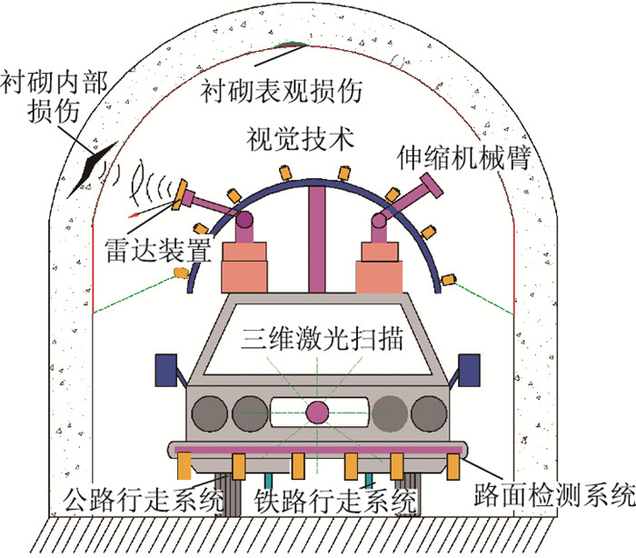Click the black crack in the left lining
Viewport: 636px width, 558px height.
[x=93, y=163]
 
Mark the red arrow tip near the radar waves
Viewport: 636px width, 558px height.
[x=132, y=215]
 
